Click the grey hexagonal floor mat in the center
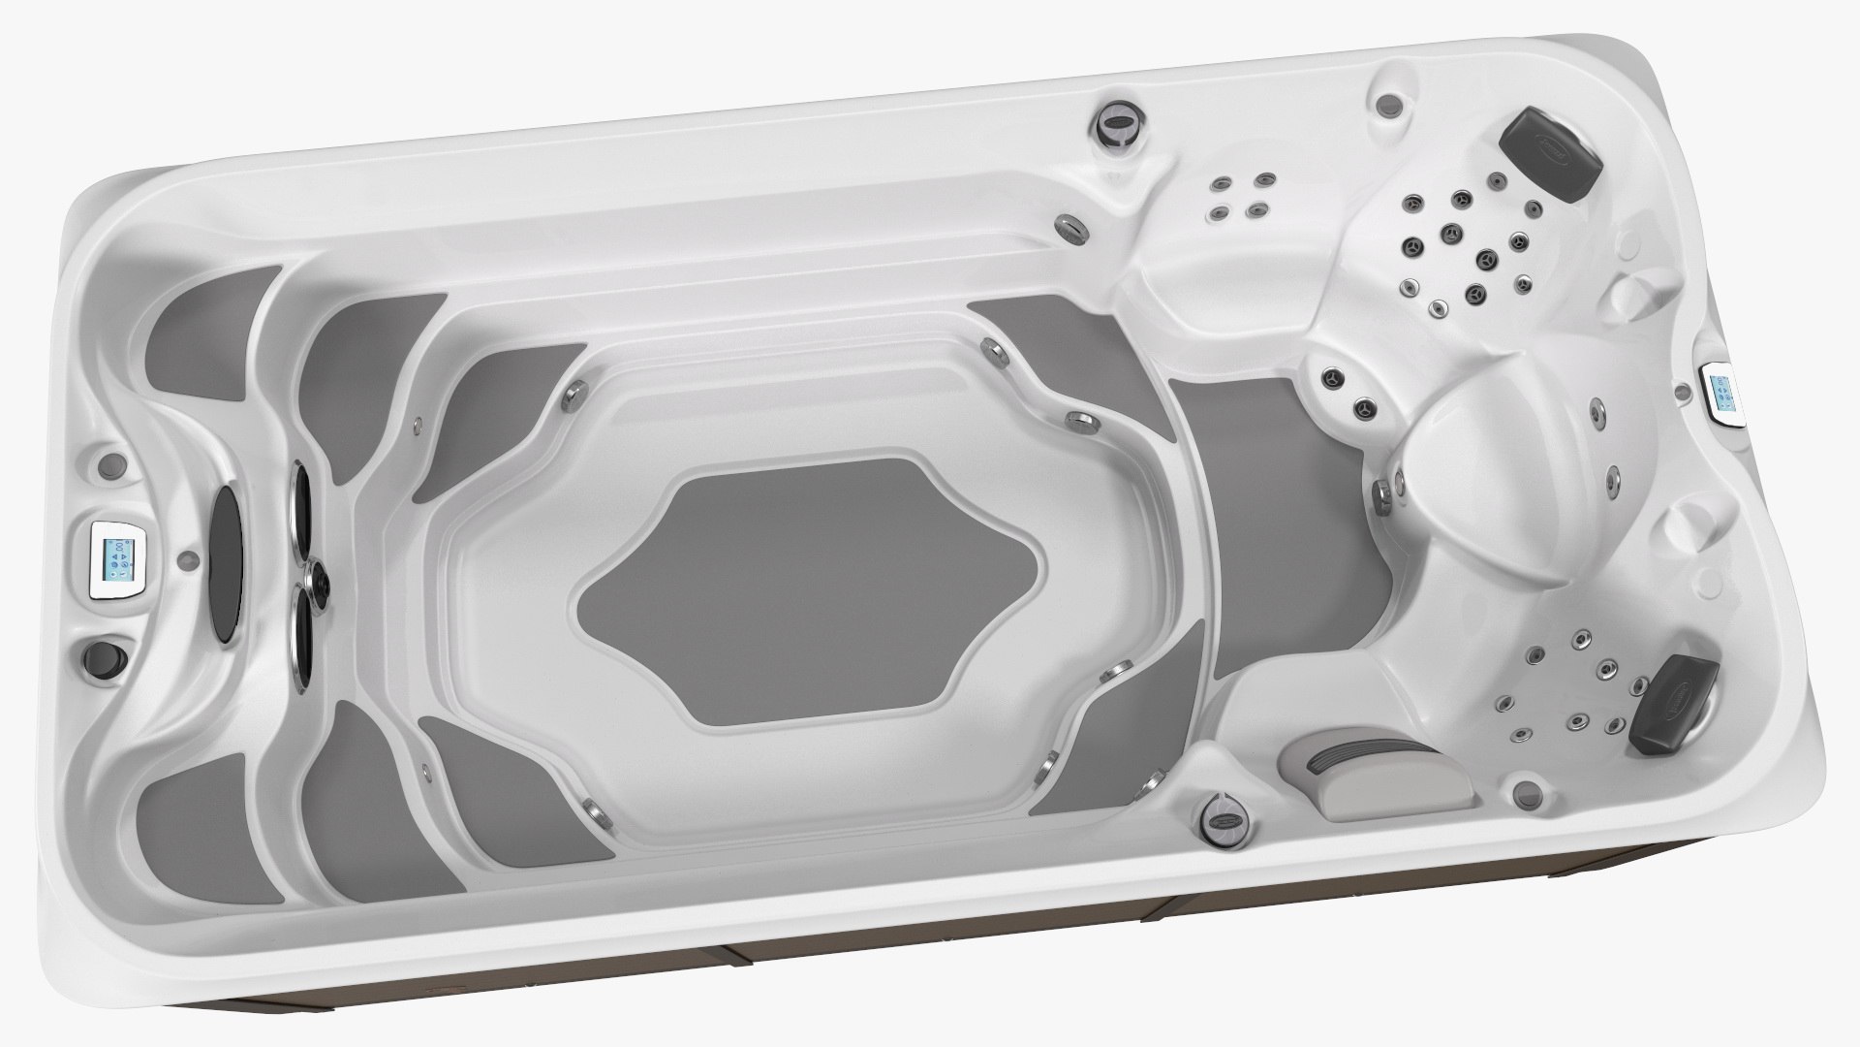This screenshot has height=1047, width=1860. coord(811,589)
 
